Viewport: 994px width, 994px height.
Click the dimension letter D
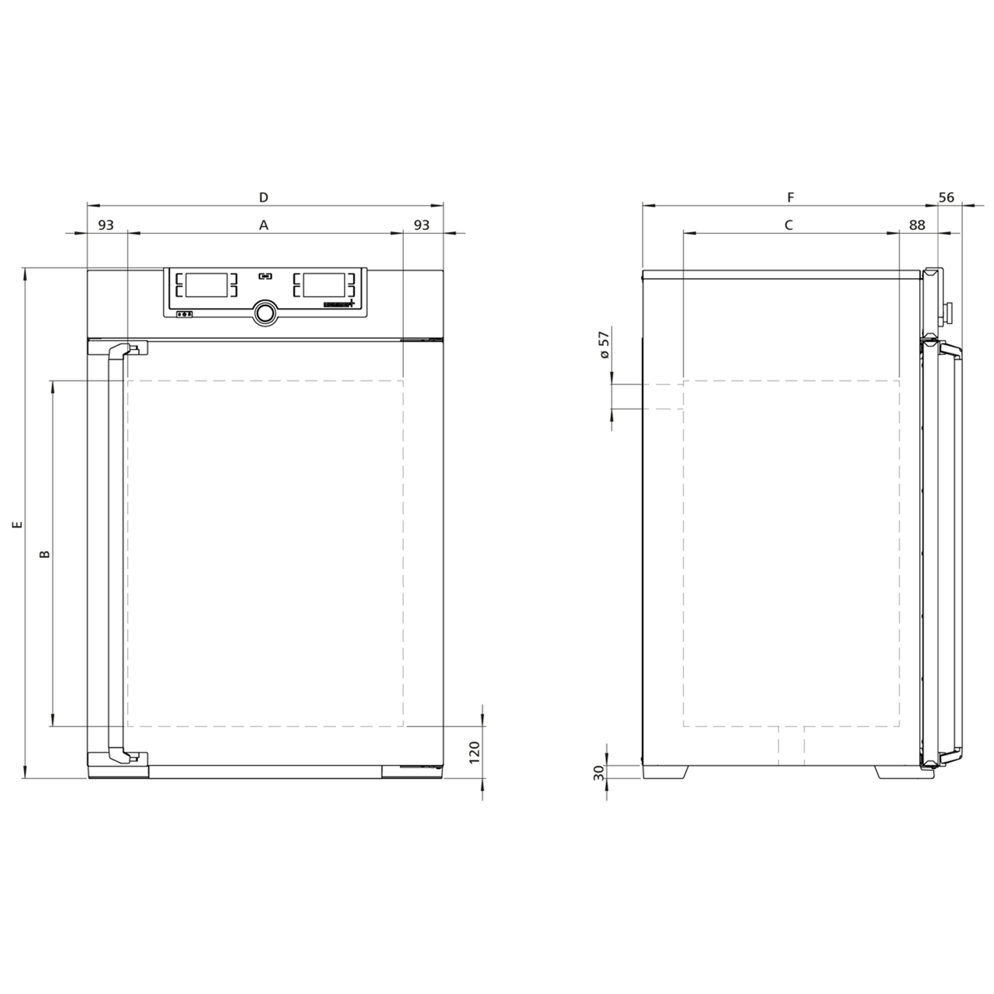(263, 197)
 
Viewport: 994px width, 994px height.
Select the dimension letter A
(263, 225)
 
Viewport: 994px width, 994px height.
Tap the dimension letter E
(18, 525)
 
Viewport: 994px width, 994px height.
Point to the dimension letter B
(45, 554)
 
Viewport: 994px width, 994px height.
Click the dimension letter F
(790, 197)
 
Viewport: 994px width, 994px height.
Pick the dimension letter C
(788, 225)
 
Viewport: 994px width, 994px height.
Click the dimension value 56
(947, 197)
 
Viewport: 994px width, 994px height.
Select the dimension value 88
(917, 225)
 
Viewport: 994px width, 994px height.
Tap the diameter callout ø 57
(605, 345)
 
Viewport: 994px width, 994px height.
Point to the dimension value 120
(475, 752)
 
